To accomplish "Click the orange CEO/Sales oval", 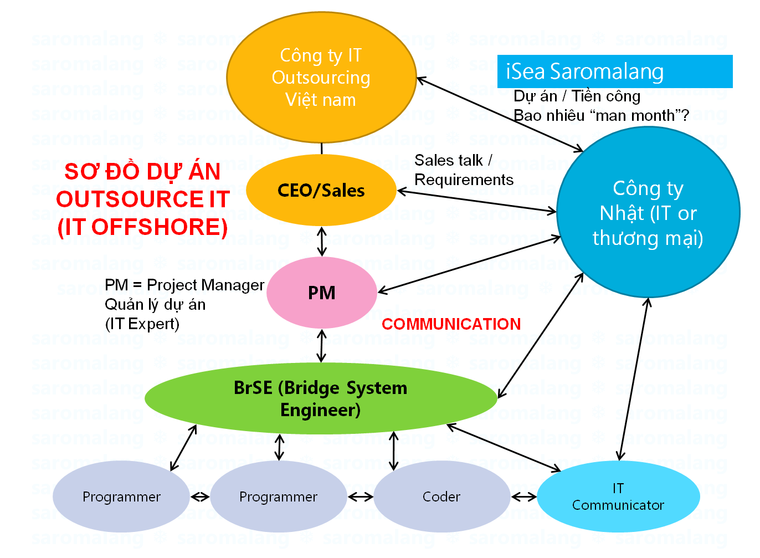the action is pyautogui.click(x=321, y=190).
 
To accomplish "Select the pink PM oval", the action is pyautogui.click(x=322, y=293).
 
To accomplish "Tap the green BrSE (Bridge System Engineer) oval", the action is pyautogui.click(x=321, y=398).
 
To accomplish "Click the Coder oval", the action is pyautogui.click(x=441, y=496).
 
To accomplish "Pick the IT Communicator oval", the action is pyautogui.click(x=618, y=496).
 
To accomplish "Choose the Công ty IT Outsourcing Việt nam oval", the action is pyautogui.click(x=321, y=78).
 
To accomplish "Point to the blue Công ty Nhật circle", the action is pyautogui.click(x=648, y=212).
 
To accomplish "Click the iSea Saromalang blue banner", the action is pyautogui.click(x=615, y=71).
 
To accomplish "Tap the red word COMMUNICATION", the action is pyautogui.click(x=451, y=324).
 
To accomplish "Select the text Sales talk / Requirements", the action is pyautogui.click(x=464, y=170).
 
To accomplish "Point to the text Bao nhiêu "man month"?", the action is pyautogui.click(x=601, y=115).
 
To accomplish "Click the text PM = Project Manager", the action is pyautogui.click(x=184, y=285).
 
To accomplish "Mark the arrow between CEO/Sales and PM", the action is pyautogui.click(x=322, y=242).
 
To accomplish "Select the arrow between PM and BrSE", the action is pyautogui.click(x=322, y=346).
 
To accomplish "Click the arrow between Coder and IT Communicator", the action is pyautogui.click(x=524, y=497).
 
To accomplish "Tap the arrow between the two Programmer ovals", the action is pyautogui.click(x=200, y=497).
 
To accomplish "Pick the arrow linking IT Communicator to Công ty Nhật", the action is pyautogui.click(x=634, y=379).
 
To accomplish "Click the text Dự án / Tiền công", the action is pyautogui.click(x=577, y=96).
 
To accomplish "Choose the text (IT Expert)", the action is pyautogui.click(x=142, y=324).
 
